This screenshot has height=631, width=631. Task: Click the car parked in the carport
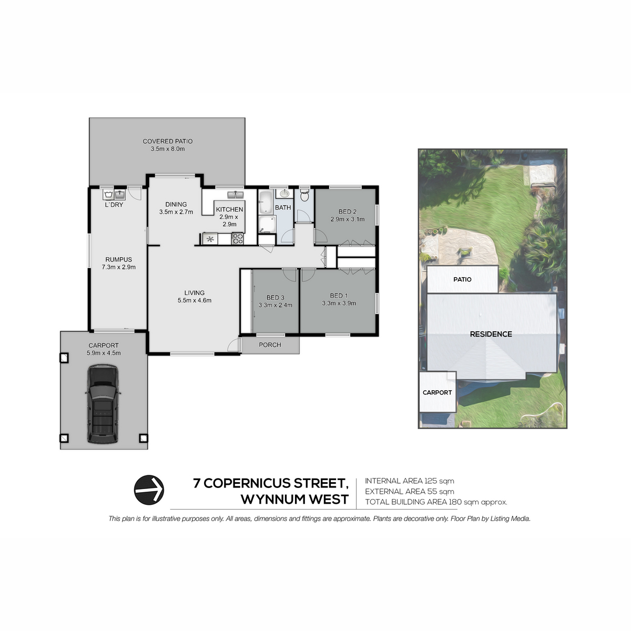click(x=103, y=404)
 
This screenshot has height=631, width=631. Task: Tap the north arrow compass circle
click(x=149, y=490)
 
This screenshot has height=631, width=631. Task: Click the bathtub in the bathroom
click(x=266, y=202)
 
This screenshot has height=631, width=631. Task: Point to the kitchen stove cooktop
click(x=238, y=238)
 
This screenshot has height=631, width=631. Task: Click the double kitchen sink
click(x=236, y=195)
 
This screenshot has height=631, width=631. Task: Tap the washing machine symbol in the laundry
click(x=108, y=195)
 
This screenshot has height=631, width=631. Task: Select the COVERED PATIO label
click(x=168, y=141)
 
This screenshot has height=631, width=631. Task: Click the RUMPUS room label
click(x=118, y=259)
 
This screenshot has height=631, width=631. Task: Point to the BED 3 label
click(x=276, y=297)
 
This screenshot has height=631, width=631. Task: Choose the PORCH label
click(x=270, y=345)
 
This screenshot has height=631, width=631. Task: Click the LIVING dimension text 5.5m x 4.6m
click(x=195, y=300)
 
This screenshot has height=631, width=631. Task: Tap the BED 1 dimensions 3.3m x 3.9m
click(x=339, y=303)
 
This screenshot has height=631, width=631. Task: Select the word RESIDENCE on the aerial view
click(x=491, y=334)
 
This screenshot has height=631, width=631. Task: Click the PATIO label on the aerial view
click(x=462, y=279)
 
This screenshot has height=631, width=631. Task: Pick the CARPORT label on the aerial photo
click(x=437, y=392)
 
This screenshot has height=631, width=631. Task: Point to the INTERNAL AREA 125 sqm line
click(x=410, y=481)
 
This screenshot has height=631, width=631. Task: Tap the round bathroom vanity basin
click(x=284, y=194)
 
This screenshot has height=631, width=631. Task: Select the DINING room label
click(x=176, y=205)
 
